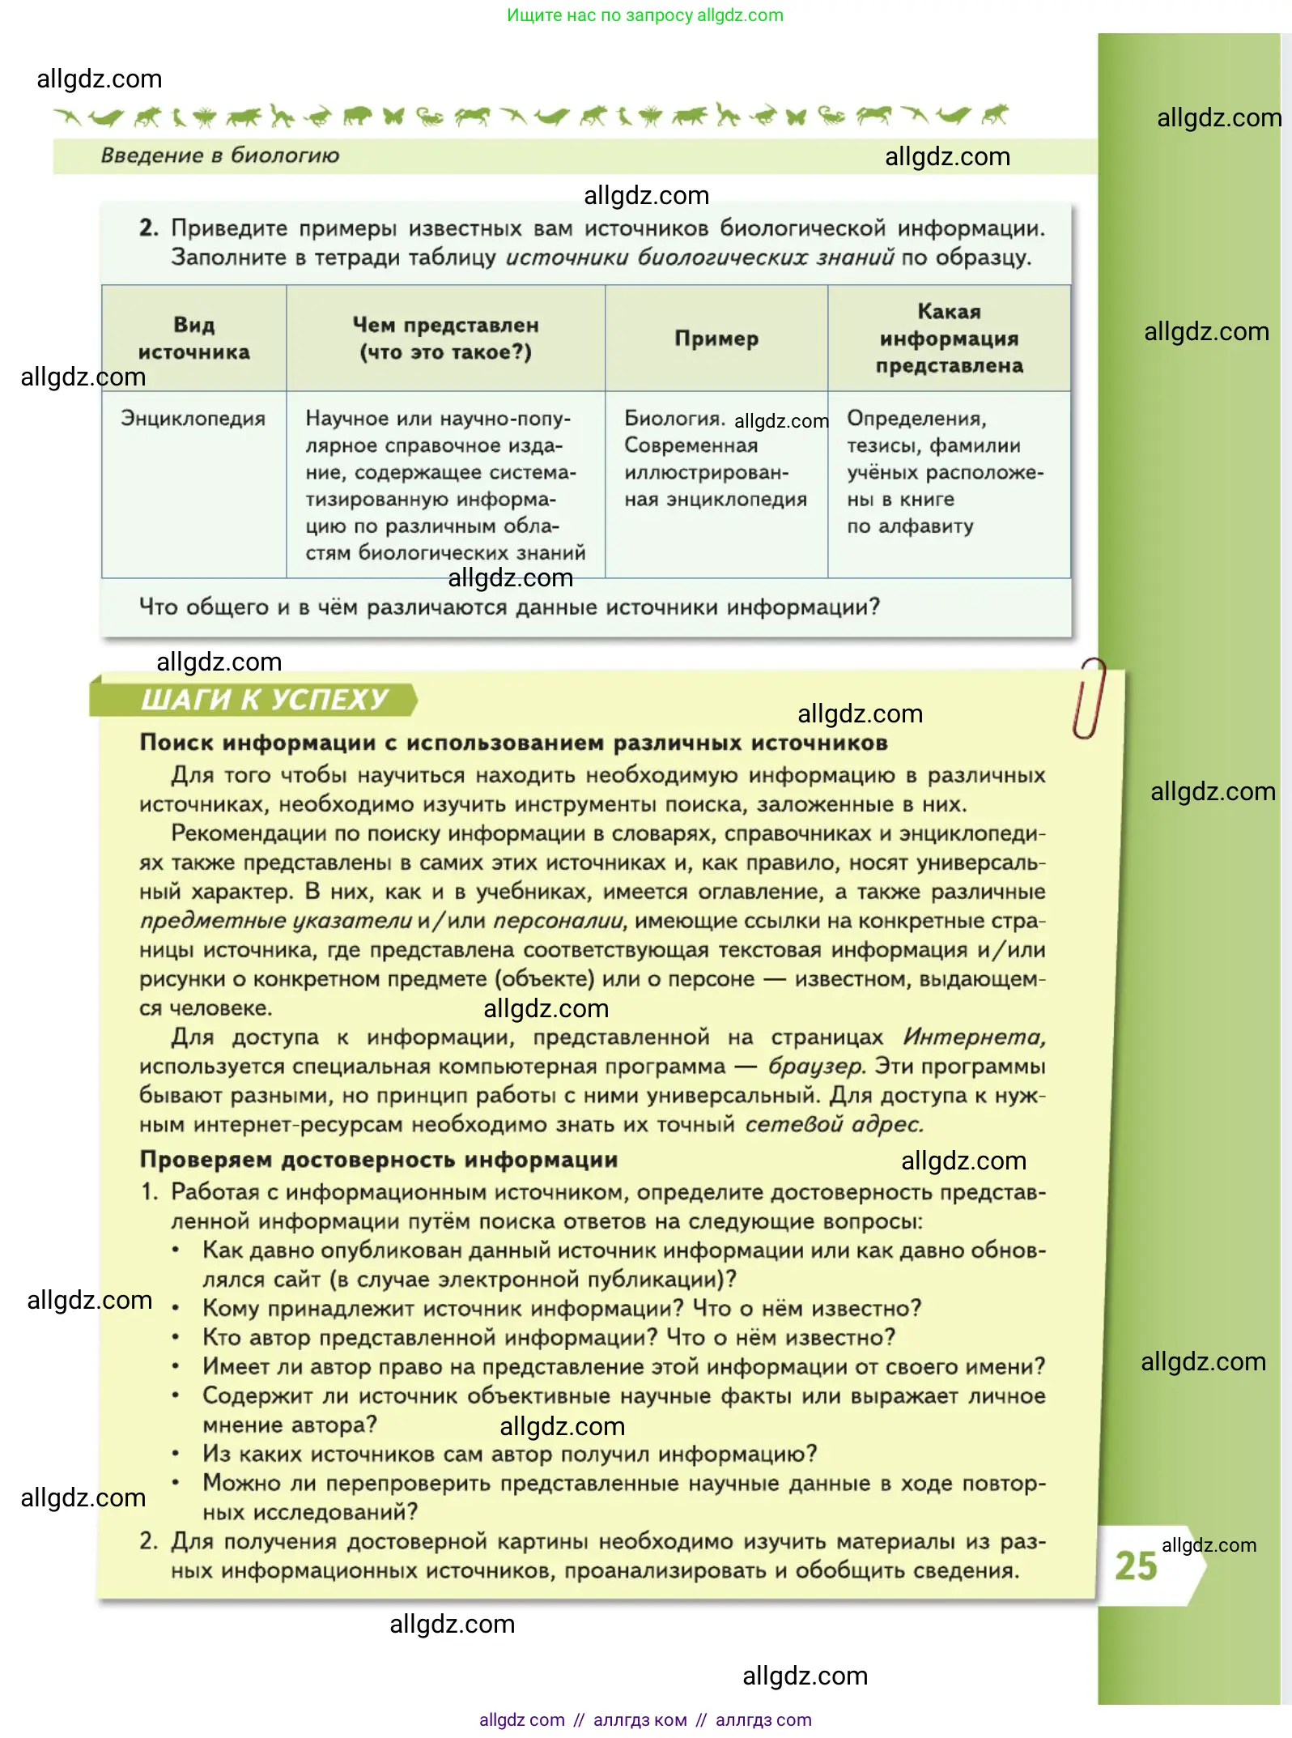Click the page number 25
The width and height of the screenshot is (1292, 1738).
pos(1136,1565)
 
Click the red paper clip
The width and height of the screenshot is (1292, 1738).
pos(1089,697)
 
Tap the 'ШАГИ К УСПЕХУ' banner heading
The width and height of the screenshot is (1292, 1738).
pos(264,700)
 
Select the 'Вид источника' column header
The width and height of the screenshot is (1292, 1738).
pos(194,339)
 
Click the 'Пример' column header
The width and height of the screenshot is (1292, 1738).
pos(716,339)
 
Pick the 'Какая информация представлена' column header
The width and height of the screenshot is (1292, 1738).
pos(949,339)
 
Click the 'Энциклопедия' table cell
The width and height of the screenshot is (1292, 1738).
pos(193,419)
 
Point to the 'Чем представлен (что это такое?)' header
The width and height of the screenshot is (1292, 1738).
pos(445,339)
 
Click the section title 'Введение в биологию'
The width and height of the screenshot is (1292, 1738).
pos(220,155)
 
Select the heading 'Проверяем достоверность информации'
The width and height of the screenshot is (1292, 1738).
pos(379,1160)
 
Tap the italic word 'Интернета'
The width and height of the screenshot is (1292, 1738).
pos(974,1037)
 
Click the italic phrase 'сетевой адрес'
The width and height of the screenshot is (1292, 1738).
pos(834,1124)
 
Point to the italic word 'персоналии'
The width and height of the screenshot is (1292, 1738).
pos(559,921)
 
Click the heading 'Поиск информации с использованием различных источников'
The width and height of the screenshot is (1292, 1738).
pos(514,743)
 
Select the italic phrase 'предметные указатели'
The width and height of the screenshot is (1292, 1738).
pos(276,921)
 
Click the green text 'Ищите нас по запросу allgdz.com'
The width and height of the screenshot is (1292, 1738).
pos(645,15)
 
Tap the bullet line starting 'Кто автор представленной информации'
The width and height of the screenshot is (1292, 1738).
pos(549,1337)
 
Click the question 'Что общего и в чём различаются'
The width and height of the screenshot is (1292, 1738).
pos(509,607)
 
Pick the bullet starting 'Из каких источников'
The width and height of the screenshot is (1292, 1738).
pos(510,1454)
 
